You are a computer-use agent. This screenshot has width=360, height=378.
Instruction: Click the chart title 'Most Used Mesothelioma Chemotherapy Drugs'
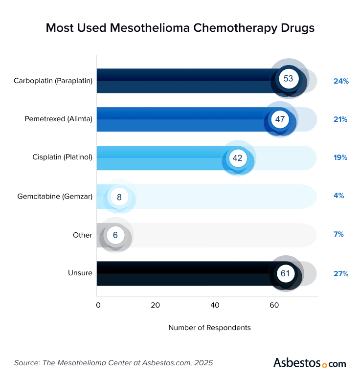click(x=180, y=28)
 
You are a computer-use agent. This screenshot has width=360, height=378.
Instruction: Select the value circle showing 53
click(x=288, y=79)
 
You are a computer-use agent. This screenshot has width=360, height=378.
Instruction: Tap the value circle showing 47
click(x=279, y=119)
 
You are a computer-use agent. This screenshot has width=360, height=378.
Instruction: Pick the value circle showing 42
click(x=237, y=158)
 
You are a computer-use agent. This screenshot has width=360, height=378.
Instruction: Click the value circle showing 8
click(x=119, y=197)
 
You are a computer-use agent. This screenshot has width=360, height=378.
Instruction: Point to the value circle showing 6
click(x=115, y=235)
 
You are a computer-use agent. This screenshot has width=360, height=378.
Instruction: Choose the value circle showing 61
click(x=285, y=273)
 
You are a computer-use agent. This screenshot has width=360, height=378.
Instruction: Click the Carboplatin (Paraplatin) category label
click(x=53, y=81)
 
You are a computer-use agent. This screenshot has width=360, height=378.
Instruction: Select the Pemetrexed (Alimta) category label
click(x=58, y=119)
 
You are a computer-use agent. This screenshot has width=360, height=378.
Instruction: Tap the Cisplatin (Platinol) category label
click(x=62, y=157)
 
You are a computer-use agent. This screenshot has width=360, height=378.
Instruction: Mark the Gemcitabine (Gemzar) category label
click(x=55, y=196)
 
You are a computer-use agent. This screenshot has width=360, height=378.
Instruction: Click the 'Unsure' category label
click(x=80, y=273)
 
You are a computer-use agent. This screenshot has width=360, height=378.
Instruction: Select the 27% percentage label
click(x=340, y=274)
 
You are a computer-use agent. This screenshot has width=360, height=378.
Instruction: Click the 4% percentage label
click(x=338, y=196)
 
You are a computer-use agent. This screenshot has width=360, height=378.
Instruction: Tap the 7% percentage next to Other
click(x=338, y=235)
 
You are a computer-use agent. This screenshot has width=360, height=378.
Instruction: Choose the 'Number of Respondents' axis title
click(x=209, y=328)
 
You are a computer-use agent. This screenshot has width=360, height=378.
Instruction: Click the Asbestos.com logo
click(x=309, y=363)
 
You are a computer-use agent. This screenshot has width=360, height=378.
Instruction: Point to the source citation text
click(x=113, y=363)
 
